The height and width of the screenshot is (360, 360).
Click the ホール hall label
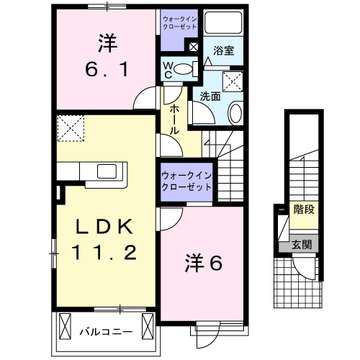(x=174, y=119)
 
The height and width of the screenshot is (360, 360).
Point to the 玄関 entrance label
(x=302, y=244)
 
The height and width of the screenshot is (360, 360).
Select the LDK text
(x=104, y=228)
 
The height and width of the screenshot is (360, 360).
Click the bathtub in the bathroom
(x=223, y=23)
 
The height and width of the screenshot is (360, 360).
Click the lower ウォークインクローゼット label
(x=186, y=180)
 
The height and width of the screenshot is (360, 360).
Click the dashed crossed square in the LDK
(x=71, y=128)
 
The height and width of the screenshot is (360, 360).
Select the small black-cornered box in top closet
(x=193, y=47)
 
